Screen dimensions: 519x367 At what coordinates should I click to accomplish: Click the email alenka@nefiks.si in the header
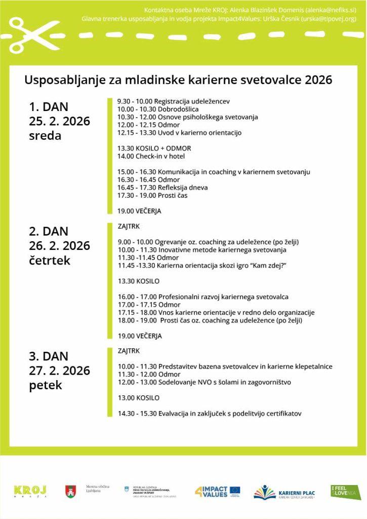[x=330, y=10]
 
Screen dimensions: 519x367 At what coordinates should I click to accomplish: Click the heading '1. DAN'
[x=49, y=107]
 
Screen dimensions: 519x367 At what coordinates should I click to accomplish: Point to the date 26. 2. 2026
[x=60, y=246]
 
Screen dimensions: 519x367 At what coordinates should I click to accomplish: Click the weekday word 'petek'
[x=46, y=385]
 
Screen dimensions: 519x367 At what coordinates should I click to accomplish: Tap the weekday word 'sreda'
[x=45, y=136]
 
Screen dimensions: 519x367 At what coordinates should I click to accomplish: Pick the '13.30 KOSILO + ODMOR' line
[x=154, y=149]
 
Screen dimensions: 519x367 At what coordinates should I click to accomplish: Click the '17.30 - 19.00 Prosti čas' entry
[x=152, y=195]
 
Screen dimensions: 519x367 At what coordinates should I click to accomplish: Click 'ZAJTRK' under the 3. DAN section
[x=129, y=351]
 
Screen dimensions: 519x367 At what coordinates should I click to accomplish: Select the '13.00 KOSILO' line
[x=138, y=398]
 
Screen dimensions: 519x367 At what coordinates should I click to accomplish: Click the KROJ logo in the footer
[x=30, y=491]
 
